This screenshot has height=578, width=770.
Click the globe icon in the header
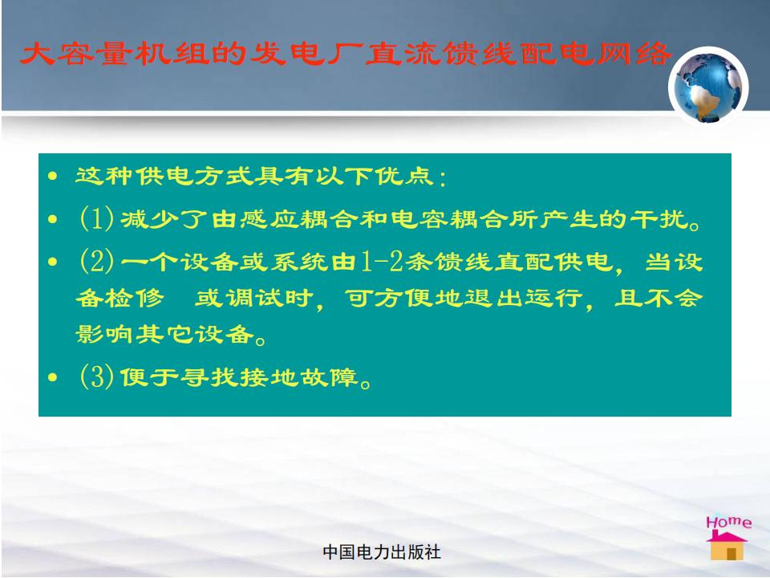(708, 87)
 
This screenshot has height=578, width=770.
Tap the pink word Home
(729, 522)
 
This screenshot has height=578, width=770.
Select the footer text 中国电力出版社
(382, 552)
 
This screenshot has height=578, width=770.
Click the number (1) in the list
(97, 218)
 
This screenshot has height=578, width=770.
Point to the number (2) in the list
(97, 260)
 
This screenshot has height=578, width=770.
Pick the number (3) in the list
(97, 377)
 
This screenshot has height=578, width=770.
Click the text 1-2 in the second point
(382, 261)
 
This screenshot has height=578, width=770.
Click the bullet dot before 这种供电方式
(53, 177)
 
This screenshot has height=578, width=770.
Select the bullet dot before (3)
(53, 377)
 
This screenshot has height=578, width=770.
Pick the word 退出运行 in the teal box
(524, 298)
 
